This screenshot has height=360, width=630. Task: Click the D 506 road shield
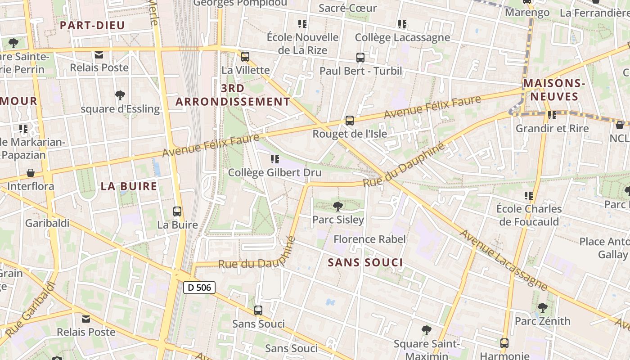click(199, 288)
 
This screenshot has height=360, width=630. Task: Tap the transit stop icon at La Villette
click(245, 57)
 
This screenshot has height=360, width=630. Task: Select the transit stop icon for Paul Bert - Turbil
click(360, 58)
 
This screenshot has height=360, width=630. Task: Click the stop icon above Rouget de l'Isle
click(350, 121)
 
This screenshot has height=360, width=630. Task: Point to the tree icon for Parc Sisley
click(337, 207)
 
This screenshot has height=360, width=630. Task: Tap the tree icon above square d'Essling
click(120, 95)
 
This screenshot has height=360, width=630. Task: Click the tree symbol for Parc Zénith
click(542, 308)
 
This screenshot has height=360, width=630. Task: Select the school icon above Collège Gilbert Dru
click(275, 159)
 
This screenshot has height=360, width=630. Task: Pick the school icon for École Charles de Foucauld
click(529, 196)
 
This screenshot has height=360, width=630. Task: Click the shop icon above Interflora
click(31, 173)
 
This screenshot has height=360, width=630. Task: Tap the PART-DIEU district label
click(92, 26)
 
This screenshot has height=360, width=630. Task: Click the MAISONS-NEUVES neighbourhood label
click(553, 90)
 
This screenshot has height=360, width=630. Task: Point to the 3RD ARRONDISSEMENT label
click(233, 95)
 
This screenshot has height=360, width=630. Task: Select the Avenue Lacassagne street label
click(504, 260)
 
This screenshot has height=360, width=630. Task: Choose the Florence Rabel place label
click(369, 239)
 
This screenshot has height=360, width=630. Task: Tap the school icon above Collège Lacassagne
click(402, 24)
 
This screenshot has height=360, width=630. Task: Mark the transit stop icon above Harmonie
click(504, 343)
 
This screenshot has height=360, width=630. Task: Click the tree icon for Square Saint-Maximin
click(426, 331)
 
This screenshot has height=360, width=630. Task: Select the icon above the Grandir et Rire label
click(552, 115)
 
